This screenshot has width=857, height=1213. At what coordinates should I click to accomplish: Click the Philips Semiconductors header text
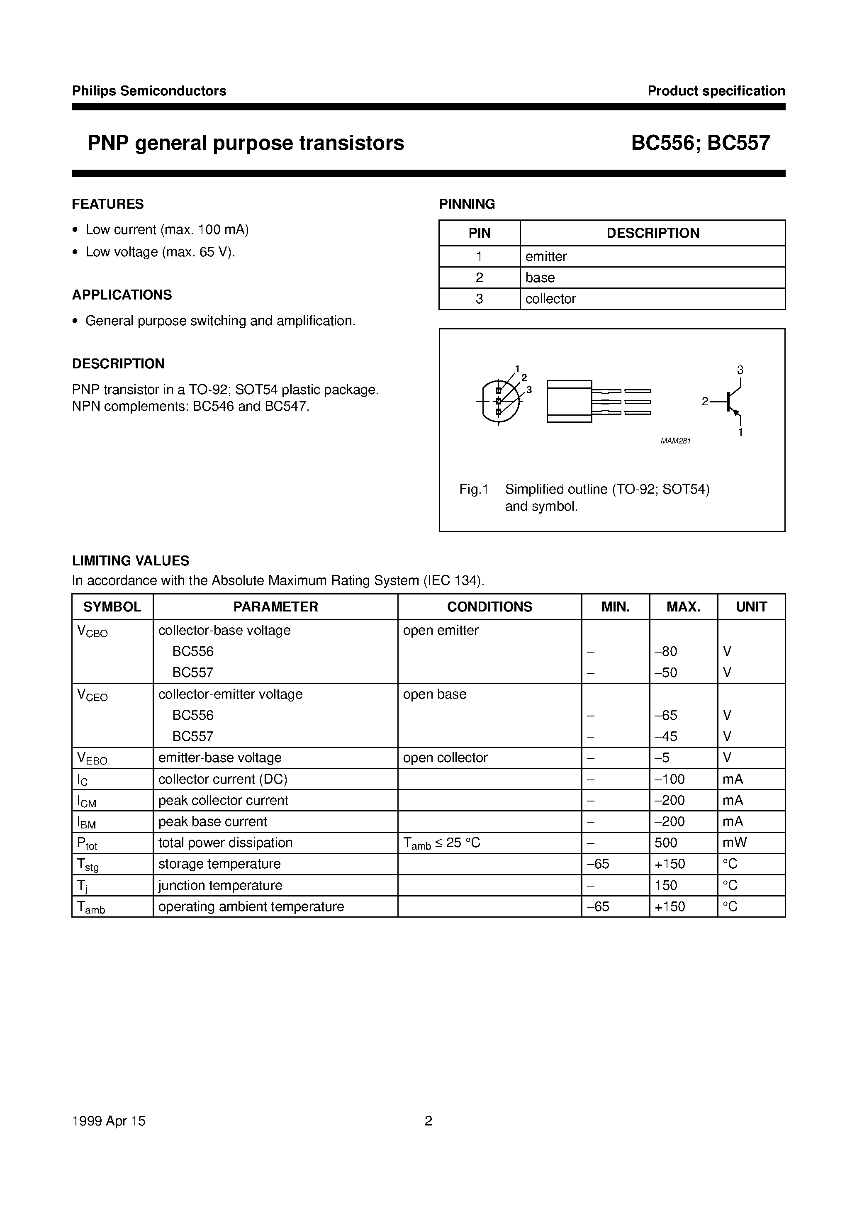149,91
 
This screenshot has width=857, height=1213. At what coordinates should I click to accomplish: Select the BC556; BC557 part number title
700,143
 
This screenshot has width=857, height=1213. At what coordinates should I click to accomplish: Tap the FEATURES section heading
108,204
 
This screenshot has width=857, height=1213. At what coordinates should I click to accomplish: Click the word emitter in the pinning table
546,257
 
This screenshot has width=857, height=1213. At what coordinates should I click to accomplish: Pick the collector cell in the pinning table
550,299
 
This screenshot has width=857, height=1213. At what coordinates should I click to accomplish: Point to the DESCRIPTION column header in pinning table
652,233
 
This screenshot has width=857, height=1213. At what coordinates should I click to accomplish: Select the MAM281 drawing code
675,441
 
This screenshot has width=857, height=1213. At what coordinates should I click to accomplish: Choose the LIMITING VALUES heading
131,560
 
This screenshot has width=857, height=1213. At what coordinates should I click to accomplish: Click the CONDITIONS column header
489,606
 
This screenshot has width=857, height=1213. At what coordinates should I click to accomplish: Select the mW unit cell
734,843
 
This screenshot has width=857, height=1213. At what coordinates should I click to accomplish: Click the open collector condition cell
445,758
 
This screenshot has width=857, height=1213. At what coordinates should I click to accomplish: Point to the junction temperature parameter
220,885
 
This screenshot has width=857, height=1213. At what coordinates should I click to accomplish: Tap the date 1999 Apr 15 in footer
108,1120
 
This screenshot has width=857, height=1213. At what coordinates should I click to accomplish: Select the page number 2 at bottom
428,1120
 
